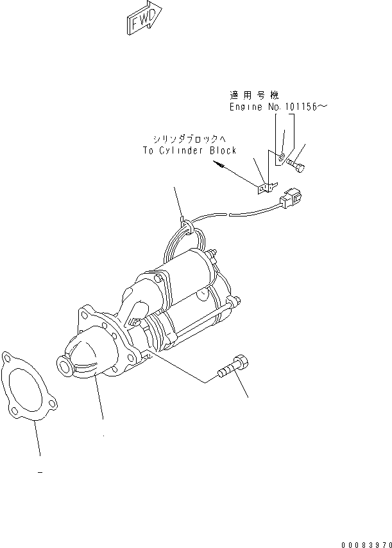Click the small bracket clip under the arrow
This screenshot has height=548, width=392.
tap(264, 189)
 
